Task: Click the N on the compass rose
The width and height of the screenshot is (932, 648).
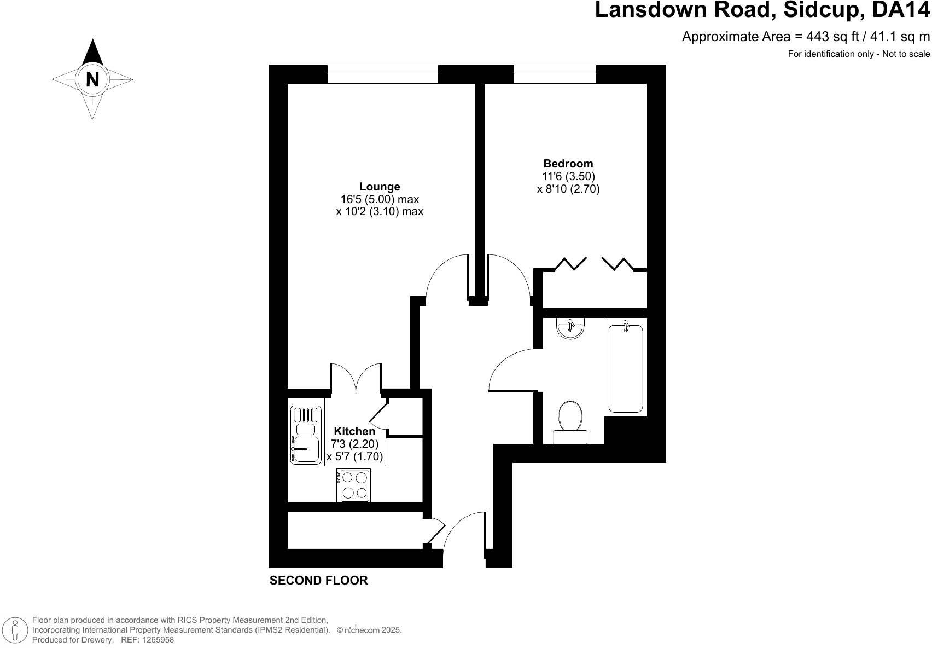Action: pos(92,80)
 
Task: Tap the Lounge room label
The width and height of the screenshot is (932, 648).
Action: pos(380,187)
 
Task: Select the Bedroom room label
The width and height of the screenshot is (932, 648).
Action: pos(568,164)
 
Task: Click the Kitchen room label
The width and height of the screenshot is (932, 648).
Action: pos(354,431)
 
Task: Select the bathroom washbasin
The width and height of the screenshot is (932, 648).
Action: pos(570,328)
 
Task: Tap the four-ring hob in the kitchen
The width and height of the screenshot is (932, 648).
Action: pos(353,485)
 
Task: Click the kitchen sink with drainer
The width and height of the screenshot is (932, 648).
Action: pos(306,436)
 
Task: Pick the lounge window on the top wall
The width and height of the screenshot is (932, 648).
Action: pos(382,74)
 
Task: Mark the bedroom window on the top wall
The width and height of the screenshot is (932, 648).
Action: pos(555,74)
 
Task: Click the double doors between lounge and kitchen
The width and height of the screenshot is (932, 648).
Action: pos(356,379)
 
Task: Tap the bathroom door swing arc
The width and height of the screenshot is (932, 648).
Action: pos(511,370)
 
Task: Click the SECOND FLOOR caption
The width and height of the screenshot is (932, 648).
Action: pos(318,581)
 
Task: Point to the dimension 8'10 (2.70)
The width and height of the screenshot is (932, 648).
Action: pos(568,189)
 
